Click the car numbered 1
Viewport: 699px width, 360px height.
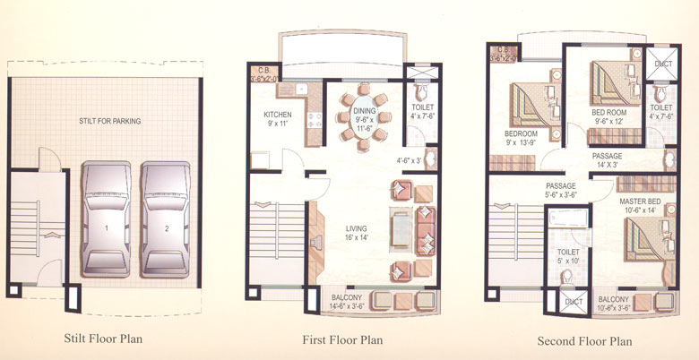[x=106, y=219]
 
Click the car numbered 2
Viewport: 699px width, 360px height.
[x=165, y=219]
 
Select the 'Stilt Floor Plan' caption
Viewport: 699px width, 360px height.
[x=103, y=339]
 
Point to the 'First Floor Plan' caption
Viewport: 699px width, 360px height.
[x=342, y=339]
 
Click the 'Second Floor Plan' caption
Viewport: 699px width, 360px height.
[x=584, y=340]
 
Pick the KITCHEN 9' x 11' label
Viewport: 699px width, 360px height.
[x=279, y=120]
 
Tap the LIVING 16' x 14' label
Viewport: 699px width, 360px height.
[x=344, y=233]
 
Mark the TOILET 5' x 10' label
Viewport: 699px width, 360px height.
[x=568, y=258]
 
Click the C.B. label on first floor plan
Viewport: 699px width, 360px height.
[x=264, y=73]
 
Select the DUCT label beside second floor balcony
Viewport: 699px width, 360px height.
[x=573, y=302]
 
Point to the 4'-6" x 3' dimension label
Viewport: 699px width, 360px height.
[x=410, y=161]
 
